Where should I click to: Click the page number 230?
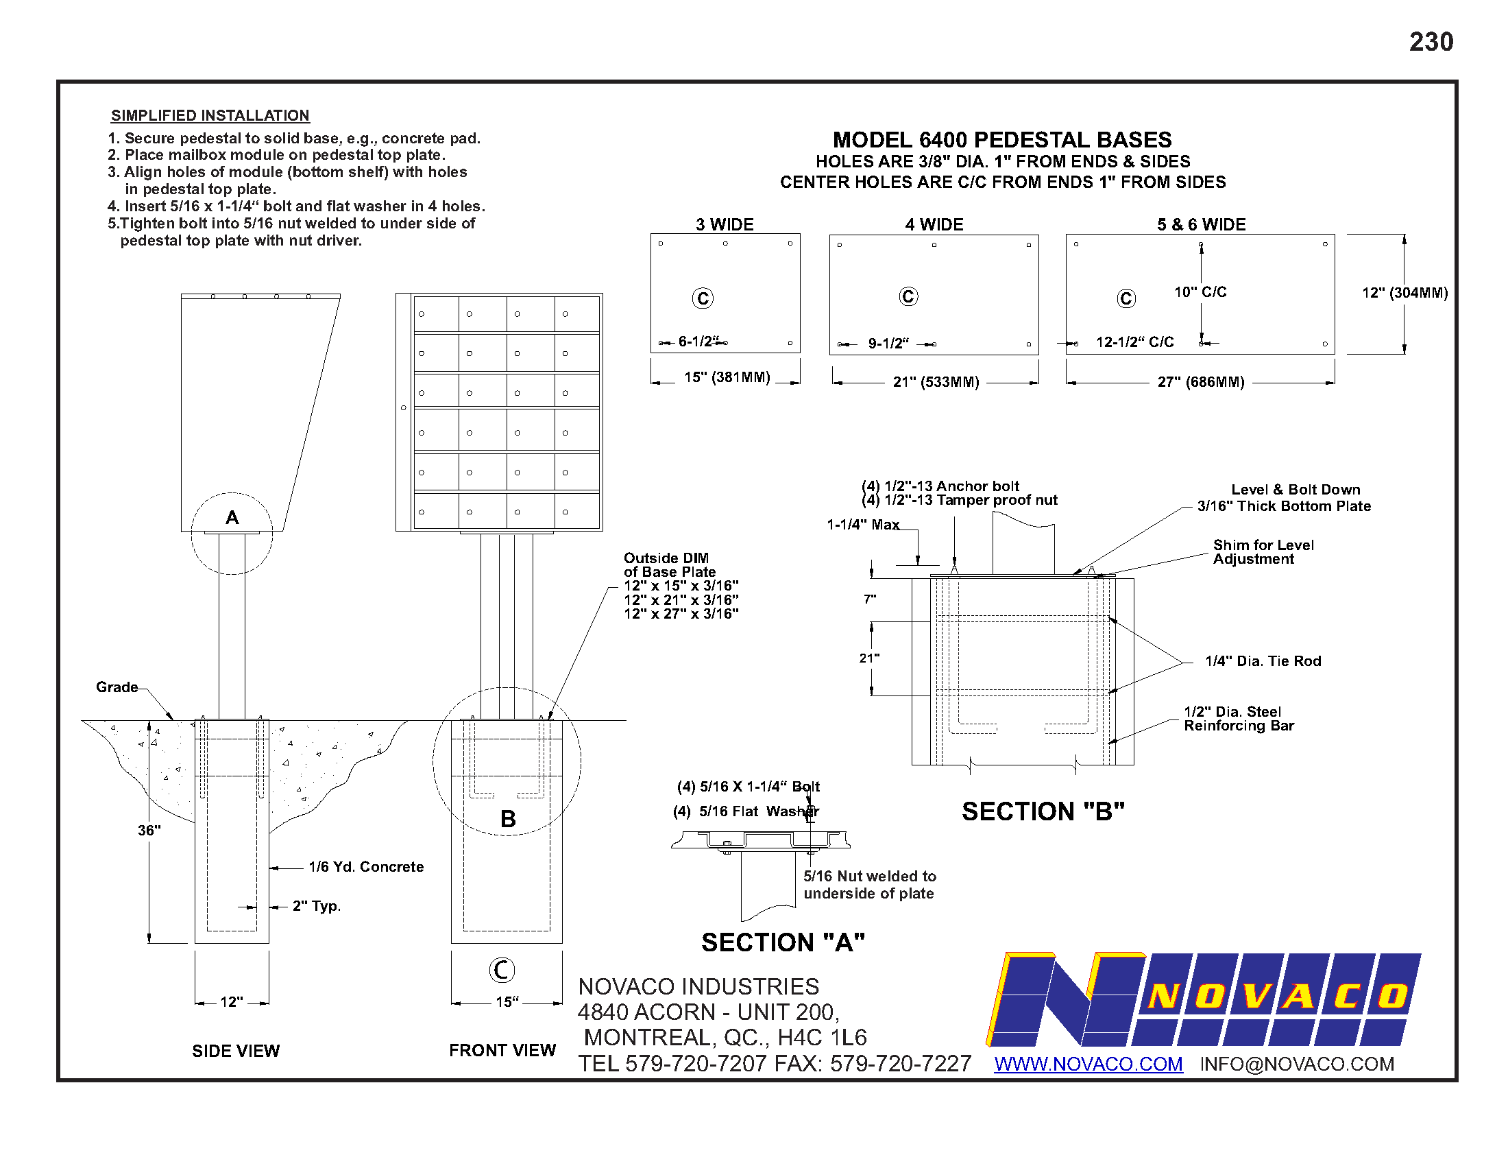coord(1431,42)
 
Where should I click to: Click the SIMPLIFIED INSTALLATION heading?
coord(210,115)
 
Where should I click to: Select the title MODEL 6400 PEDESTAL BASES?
coord(1002,139)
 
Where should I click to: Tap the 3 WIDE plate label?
coord(725,224)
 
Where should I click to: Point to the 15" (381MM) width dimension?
coord(727,377)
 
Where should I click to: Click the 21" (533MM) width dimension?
coord(936,382)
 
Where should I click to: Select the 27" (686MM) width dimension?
coord(1201,382)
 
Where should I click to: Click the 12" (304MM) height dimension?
coord(1405,293)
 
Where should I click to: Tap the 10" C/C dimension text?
coord(1201,292)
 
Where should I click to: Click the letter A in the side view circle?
coord(232,517)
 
